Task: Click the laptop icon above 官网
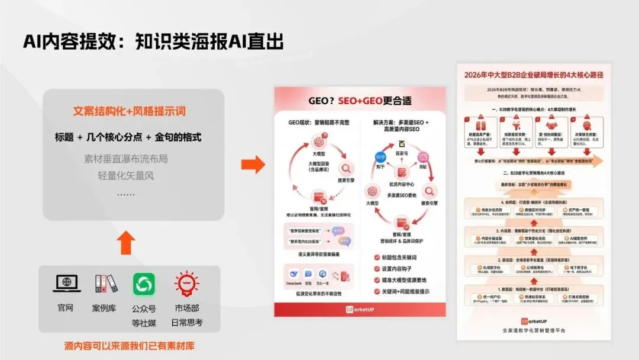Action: click(x=66, y=284)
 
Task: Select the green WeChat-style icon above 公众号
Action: click(x=144, y=284)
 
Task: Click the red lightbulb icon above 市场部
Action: click(x=186, y=284)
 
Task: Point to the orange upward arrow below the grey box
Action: click(x=127, y=242)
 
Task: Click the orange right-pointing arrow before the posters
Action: click(x=253, y=165)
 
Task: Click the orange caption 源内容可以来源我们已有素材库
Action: click(x=129, y=345)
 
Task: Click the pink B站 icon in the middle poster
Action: click(x=424, y=157)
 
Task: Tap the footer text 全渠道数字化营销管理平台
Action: click(x=534, y=330)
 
